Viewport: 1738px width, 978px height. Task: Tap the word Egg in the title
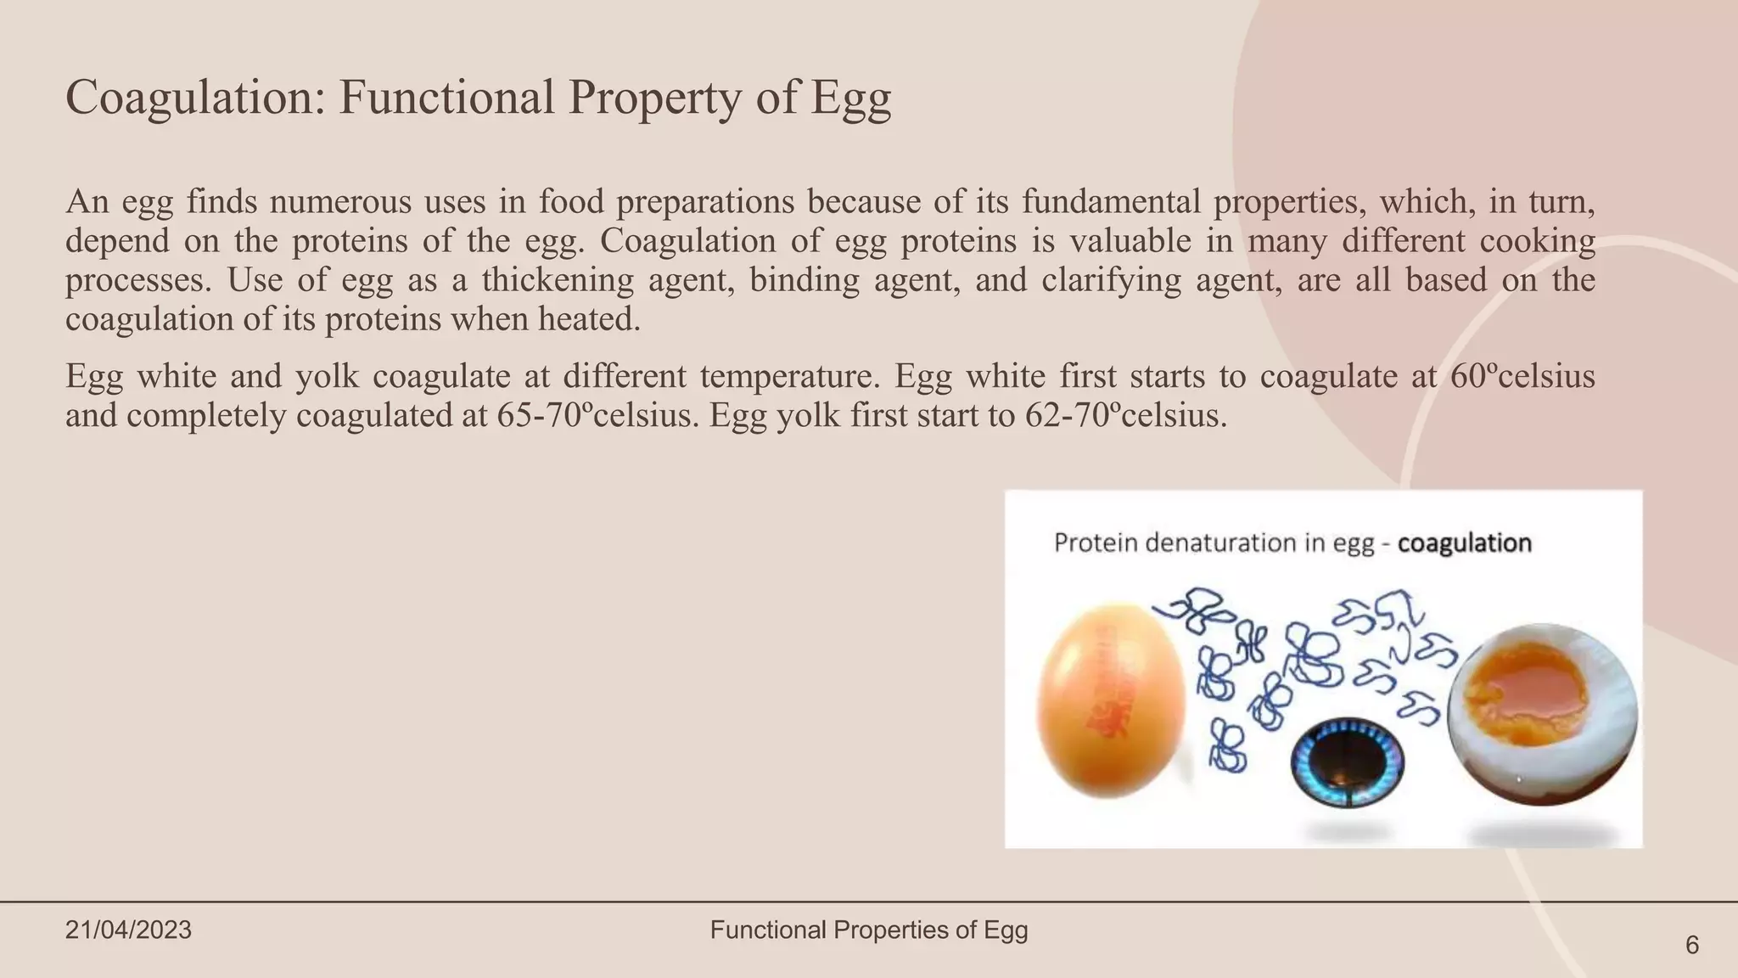(850, 98)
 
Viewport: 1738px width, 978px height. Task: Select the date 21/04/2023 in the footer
(128, 930)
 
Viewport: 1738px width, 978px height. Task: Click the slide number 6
(1691, 945)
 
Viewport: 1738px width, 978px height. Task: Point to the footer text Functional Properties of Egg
(869, 930)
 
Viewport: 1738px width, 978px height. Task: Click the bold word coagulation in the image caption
(1464, 543)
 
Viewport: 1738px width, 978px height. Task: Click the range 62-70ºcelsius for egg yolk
(1124, 416)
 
